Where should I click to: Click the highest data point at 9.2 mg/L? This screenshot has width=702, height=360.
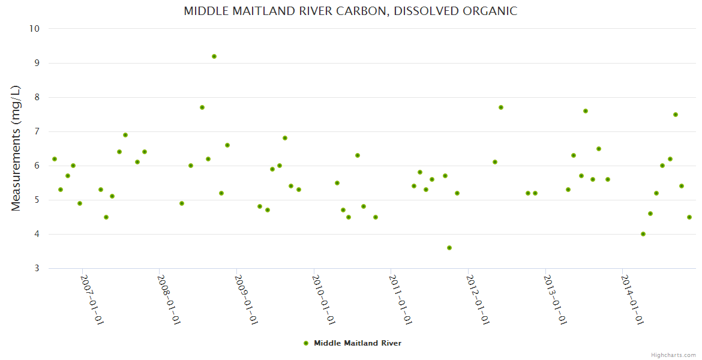[x=214, y=56]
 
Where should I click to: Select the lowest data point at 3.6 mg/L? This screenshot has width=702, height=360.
[x=449, y=248]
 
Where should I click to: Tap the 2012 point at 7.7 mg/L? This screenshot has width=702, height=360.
[x=501, y=107]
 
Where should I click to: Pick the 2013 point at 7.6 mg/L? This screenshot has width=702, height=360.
[x=586, y=111]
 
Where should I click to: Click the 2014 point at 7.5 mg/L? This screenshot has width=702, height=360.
[x=676, y=115]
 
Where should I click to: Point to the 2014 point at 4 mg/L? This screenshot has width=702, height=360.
[x=643, y=234]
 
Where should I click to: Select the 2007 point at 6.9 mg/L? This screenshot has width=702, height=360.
[x=125, y=135]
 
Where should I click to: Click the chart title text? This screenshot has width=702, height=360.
[x=350, y=11]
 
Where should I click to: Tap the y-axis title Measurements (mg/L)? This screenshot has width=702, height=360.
[x=16, y=148]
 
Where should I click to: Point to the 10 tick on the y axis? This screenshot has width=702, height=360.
[x=34, y=29]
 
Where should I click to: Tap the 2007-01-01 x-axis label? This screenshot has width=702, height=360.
[x=92, y=300]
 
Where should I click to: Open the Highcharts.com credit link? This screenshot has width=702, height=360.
[x=673, y=355]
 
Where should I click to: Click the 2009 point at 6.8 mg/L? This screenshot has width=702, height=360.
[x=285, y=138]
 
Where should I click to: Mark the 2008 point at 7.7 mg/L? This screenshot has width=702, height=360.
[x=202, y=107]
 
